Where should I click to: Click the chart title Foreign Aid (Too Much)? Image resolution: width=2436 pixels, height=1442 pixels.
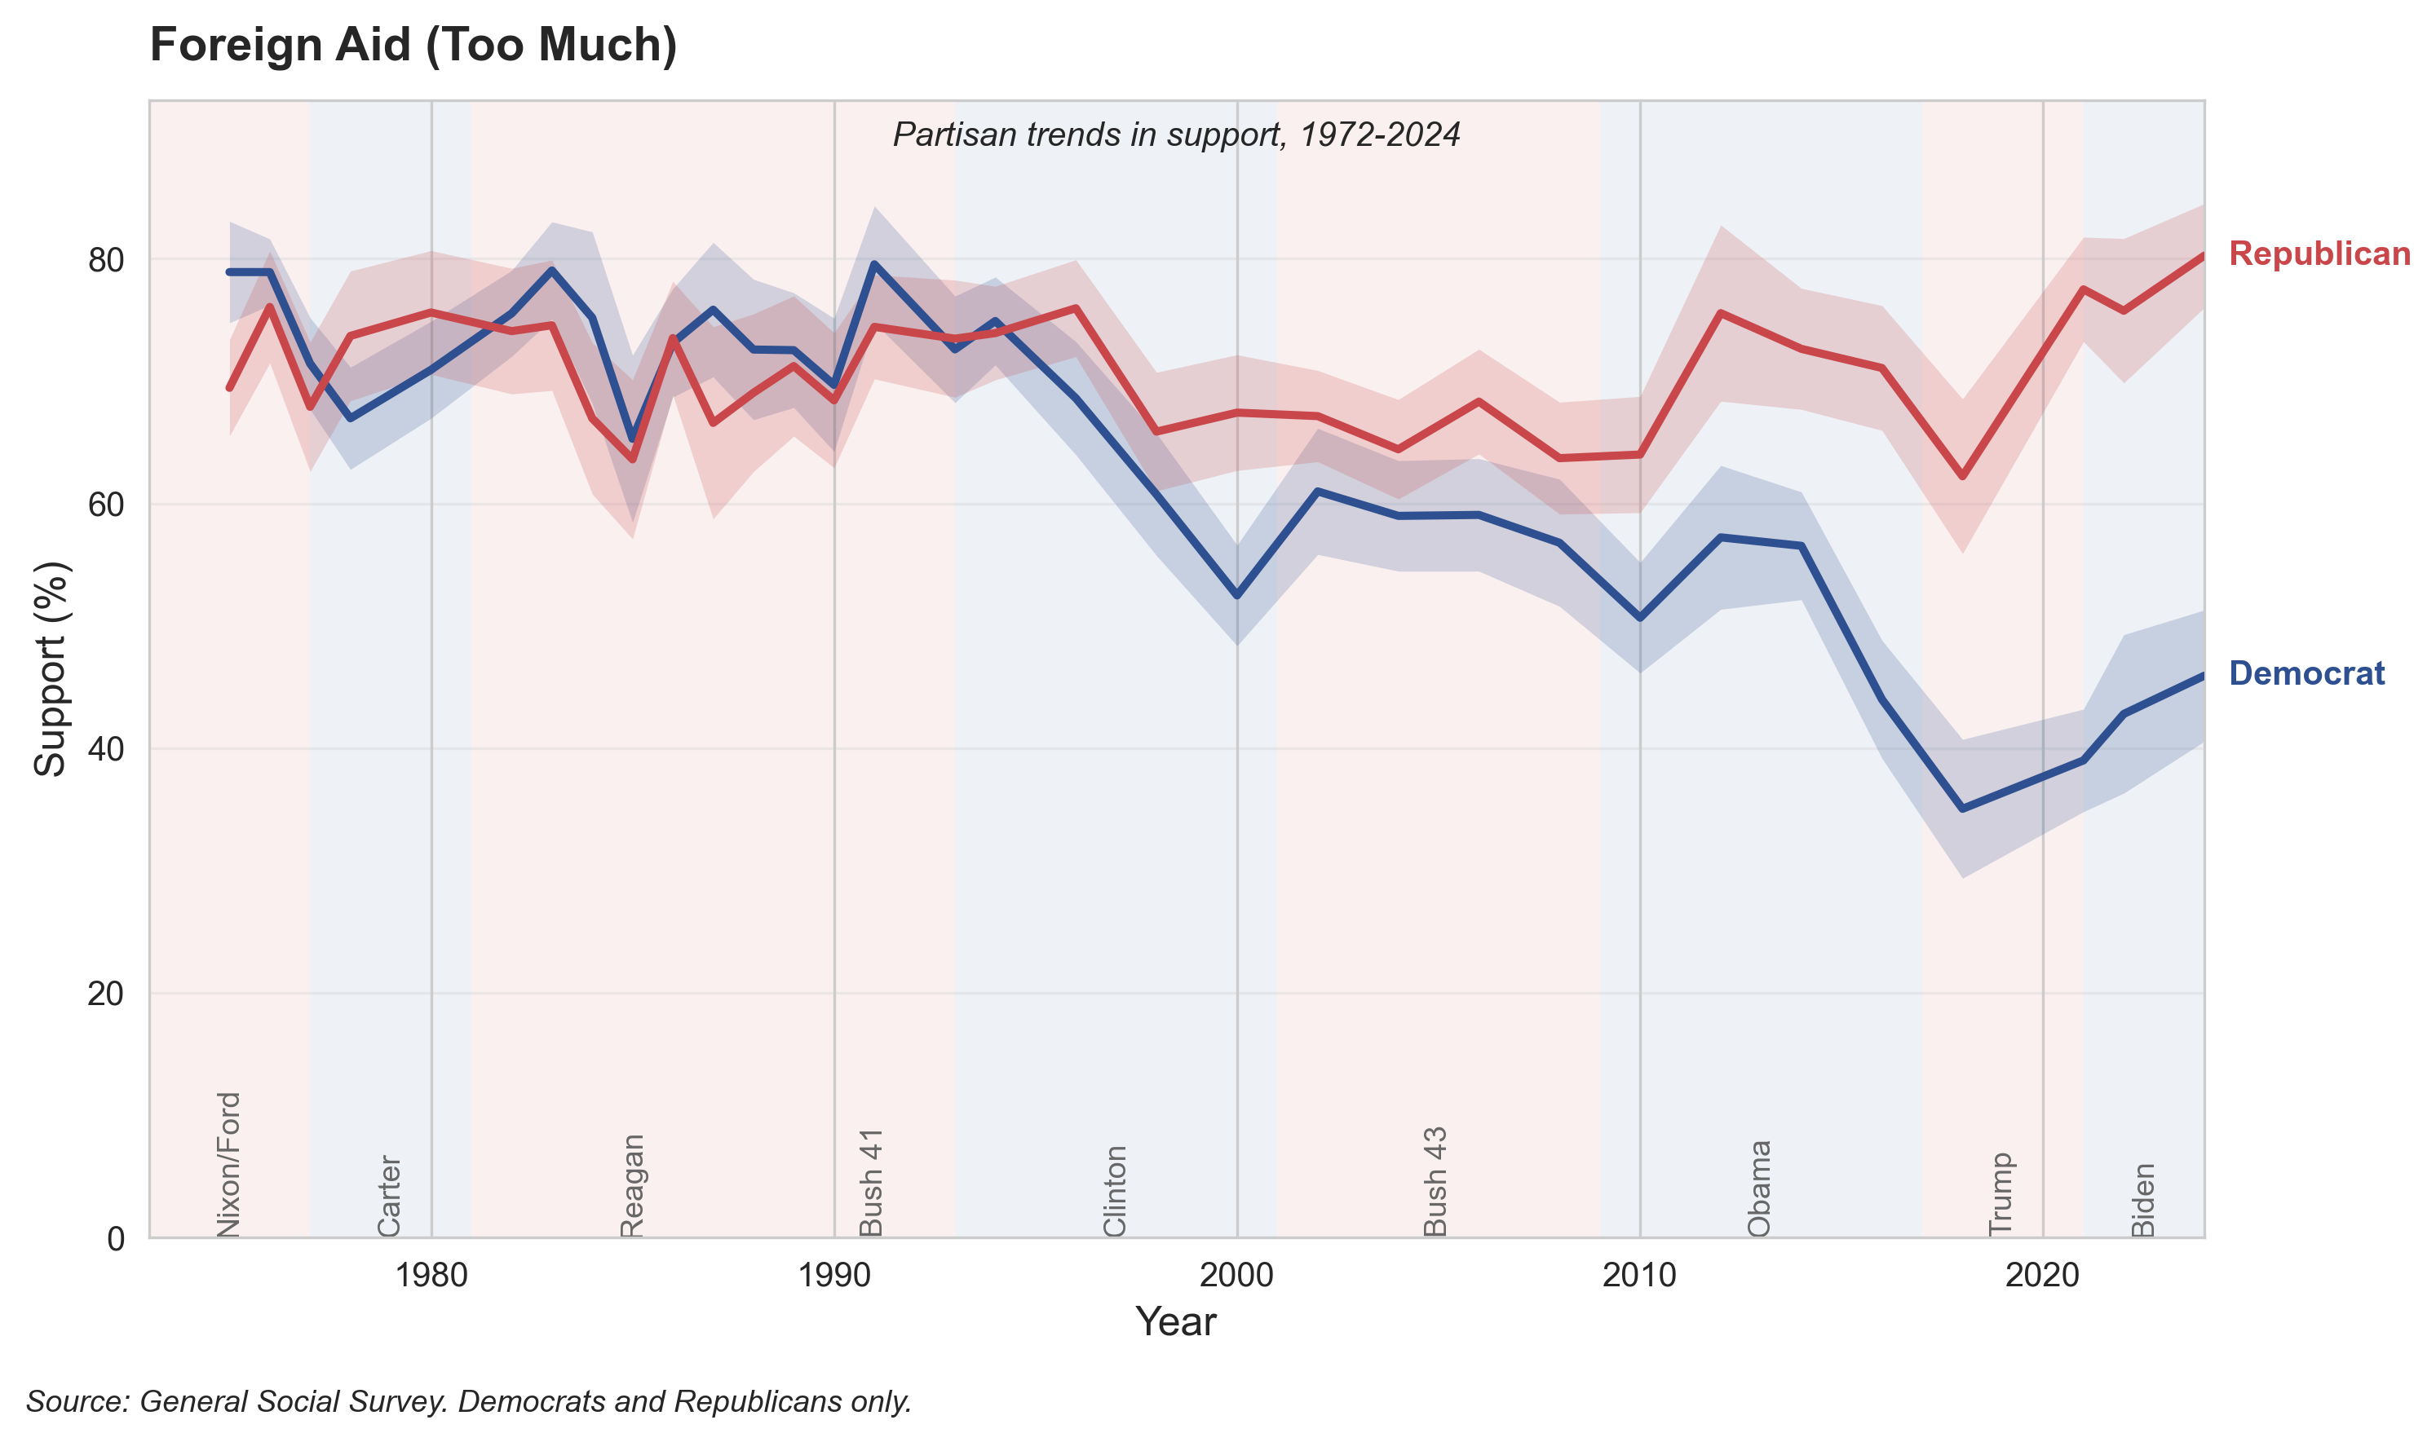tap(413, 46)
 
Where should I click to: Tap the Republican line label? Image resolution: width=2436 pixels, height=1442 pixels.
tap(2319, 254)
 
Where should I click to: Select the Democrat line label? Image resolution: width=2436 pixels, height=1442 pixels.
tap(2306, 673)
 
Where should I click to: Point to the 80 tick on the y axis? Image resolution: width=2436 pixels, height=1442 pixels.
tap(106, 260)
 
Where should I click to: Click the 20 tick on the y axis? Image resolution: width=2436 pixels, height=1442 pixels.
tap(106, 994)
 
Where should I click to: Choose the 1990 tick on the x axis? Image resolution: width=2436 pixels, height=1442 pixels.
tap(834, 1275)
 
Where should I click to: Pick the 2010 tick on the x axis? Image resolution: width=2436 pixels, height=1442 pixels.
tap(1639, 1275)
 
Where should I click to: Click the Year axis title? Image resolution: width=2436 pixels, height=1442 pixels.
tap(1175, 1322)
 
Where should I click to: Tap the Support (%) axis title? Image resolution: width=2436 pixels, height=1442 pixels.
tap(51, 668)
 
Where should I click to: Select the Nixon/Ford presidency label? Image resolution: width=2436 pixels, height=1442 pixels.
tap(228, 1164)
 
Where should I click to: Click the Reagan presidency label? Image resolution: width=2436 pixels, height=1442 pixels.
tap(632, 1184)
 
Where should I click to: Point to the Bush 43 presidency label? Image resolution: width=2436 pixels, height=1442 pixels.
tap(1435, 1180)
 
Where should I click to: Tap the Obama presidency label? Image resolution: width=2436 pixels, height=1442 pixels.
tap(1758, 1188)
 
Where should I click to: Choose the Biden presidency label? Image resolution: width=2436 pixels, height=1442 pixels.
tap(2143, 1199)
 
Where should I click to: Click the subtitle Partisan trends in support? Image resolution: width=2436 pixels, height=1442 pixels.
tap(1175, 134)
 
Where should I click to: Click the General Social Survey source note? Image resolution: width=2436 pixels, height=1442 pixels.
tap(469, 1401)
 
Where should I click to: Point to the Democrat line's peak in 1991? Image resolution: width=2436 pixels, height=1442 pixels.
tap(874, 263)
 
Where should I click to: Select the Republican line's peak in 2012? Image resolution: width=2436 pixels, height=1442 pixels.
tap(1720, 313)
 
